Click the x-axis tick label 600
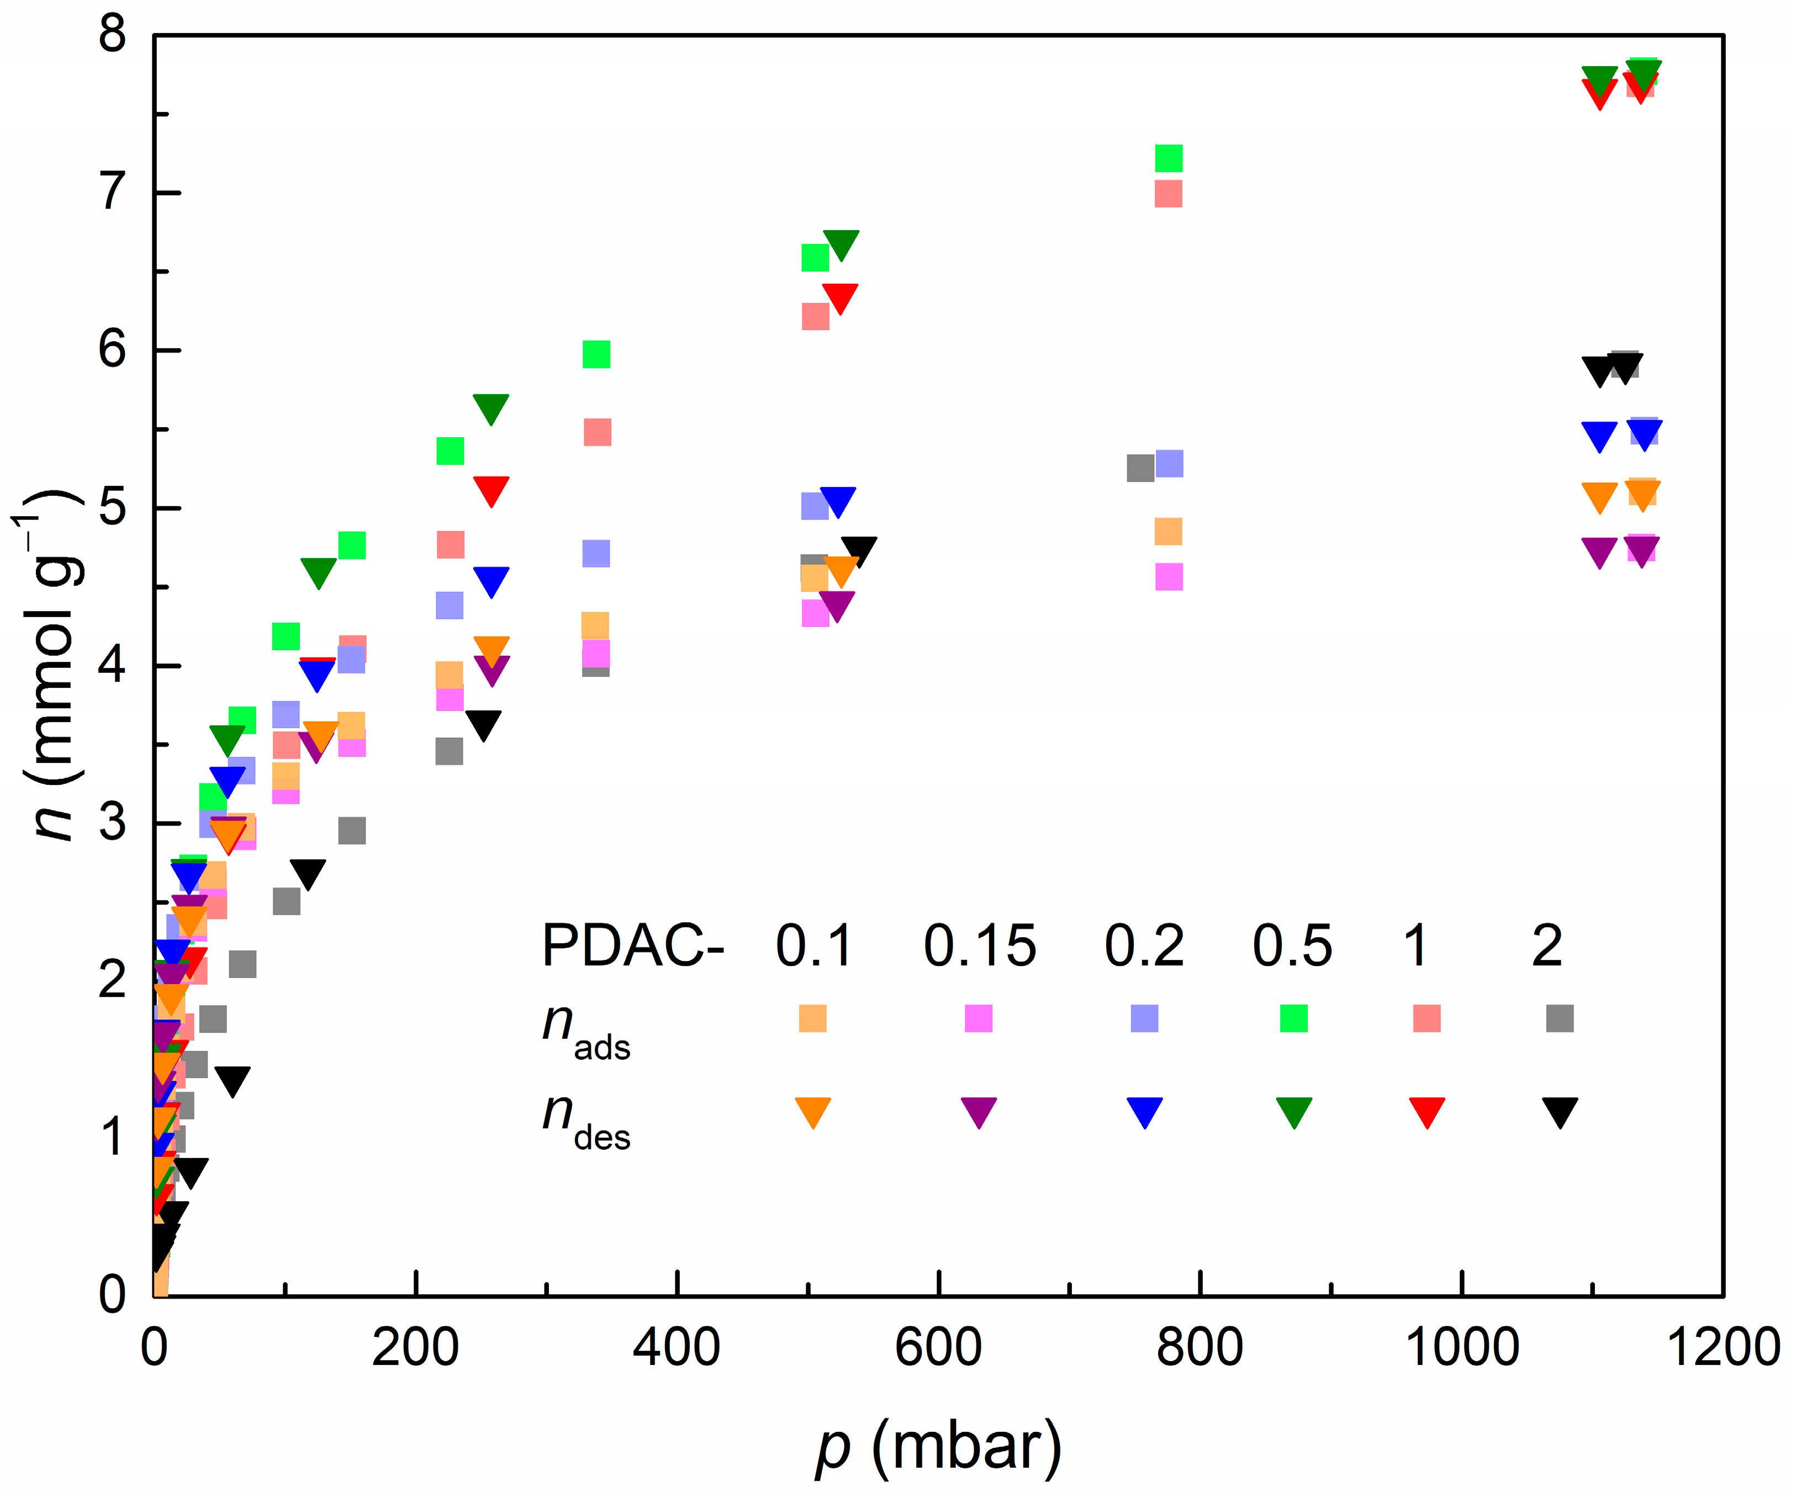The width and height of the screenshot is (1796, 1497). click(938, 1349)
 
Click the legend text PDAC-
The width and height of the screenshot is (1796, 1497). click(633, 947)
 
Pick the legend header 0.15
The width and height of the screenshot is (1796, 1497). click(979, 947)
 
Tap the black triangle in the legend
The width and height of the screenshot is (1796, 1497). click(1560, 1111)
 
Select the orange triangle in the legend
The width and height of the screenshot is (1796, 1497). click(812, 1111)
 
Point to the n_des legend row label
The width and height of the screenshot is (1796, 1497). click(586, 1120)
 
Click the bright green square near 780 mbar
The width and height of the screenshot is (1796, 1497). click(1168, 158)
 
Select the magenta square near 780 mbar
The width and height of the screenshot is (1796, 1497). click(1168, 577)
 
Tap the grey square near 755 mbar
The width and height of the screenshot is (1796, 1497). click(1140, 469)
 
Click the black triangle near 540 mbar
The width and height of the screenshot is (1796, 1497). click(859, 550)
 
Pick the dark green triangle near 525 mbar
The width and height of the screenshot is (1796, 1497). click(841, 243)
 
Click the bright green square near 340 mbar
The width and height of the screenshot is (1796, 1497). click(596, 354)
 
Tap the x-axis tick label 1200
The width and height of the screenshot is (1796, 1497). click(1721, 1349)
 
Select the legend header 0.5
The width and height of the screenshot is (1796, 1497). click(1292, 947)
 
